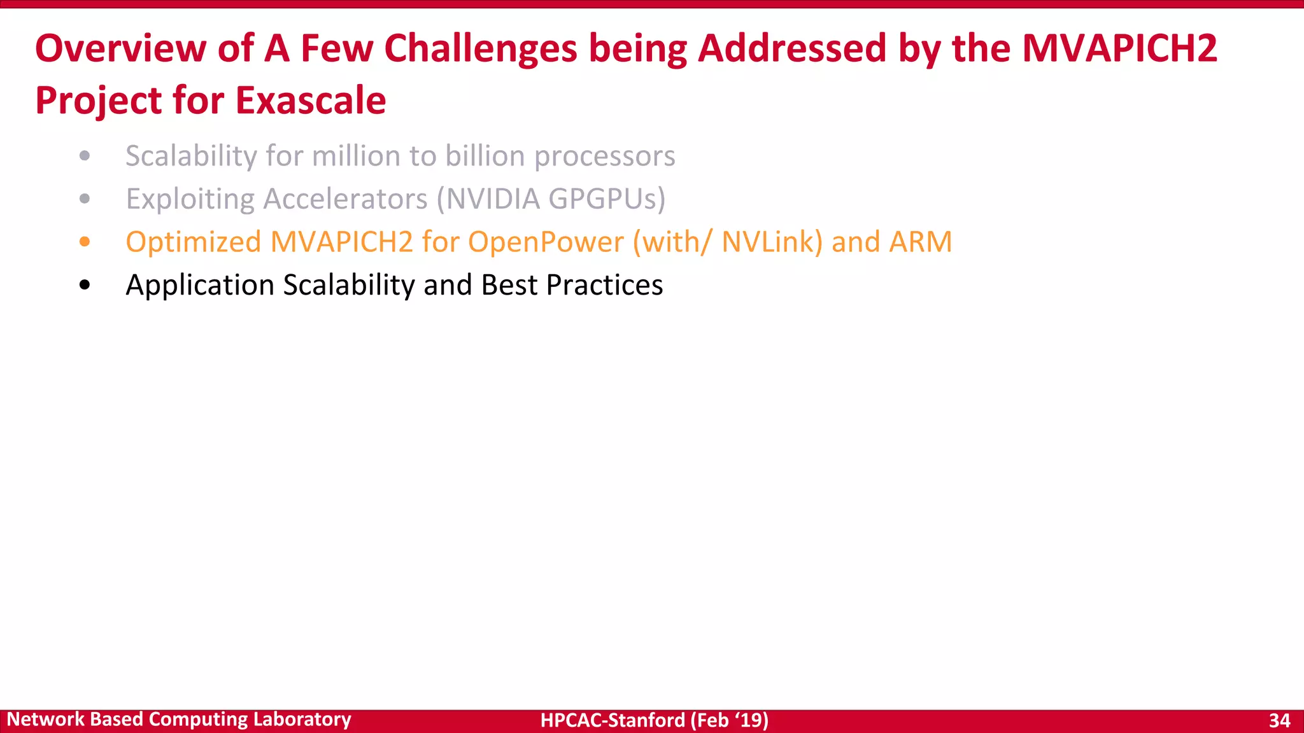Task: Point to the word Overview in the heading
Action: pos(120,48)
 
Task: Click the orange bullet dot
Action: pos(85,242)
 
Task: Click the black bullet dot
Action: pos(85,285)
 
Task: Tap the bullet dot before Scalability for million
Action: pos(85,156)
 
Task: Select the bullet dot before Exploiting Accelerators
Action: pos(85,199)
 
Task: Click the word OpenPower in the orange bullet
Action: pos(546,242)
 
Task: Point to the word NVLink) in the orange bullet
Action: pos(772,242)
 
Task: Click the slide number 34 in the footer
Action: pos(1279,720)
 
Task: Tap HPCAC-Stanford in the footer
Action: pos(613,720)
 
